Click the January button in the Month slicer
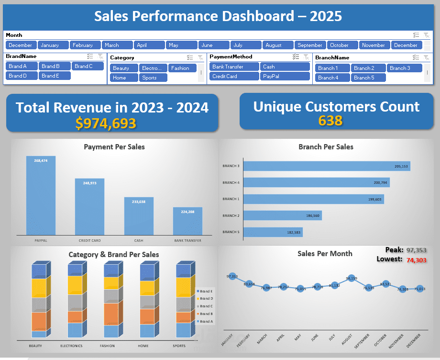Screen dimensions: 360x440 (53, 45)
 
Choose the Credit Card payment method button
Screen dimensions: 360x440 (233, 76)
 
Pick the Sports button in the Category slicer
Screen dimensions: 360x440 (153, 78)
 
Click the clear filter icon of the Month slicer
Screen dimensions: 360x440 (426, 35)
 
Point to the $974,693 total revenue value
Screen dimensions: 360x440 (106, 123)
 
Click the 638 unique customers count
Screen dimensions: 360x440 (330, 120)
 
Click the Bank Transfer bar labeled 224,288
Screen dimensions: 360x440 (187, 221)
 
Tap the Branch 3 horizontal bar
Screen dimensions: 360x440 (327, 166)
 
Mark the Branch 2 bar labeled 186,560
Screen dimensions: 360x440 (283, 215)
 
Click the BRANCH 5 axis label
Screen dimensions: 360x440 (231, 232)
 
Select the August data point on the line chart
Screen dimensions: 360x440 (352, 279)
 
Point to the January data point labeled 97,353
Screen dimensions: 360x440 (232, 277)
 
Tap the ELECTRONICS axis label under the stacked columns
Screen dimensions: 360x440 (71, 346)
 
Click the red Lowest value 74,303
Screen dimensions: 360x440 (416, 260)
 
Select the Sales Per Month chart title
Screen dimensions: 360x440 (325, 254)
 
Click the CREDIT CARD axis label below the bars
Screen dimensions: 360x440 (89, 240)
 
